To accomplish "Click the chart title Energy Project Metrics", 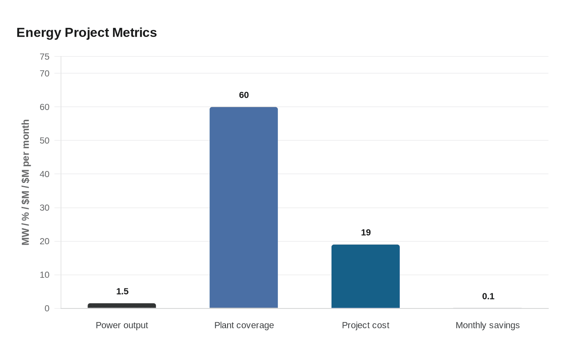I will pos(86,33).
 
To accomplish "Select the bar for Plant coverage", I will pos(244,207).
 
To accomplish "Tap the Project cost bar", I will pos(365,276).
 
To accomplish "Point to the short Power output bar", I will pos(122,306).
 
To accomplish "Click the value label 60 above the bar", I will pos(244,95).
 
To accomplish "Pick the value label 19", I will pos(366,232).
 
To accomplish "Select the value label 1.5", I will pos(122,291).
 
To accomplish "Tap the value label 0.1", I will pos(488,296).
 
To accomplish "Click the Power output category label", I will pos(122,325).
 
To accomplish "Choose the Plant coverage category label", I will pos(244,325).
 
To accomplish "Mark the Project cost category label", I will pos(365,325).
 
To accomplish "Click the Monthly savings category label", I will pos(487,325).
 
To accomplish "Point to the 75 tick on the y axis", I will pos(45,57).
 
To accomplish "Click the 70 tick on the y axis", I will pos(45,74).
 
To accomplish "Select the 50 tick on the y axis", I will pos(45,141).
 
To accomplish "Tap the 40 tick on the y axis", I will pos(45,174).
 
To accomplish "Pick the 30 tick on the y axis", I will pos(45,208).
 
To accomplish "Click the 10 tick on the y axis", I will pos(45,275).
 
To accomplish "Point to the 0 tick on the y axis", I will pos(47,308).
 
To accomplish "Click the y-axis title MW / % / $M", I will pos(26,182).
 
